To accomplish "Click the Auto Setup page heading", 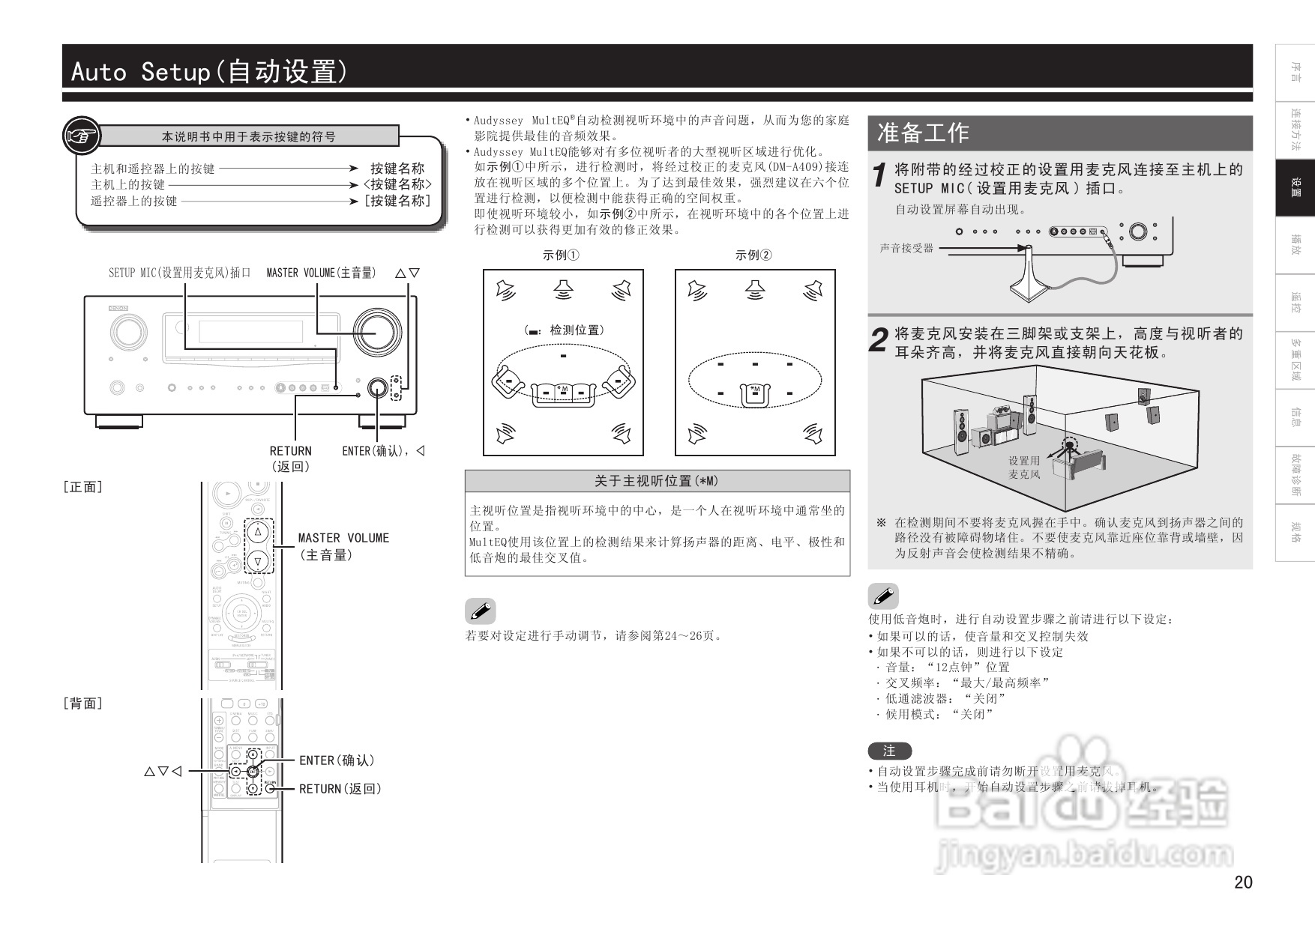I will (x=210, y=72).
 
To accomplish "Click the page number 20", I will (x=1243, y=882).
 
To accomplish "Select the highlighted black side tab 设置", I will (x=1295, y=188).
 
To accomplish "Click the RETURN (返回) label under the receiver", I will (x=290, y=458).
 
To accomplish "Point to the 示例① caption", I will (x=561, y=255).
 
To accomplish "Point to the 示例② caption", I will (x=753, y=255).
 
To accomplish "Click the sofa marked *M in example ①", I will (x=563, y=391).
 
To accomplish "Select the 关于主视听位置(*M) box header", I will (x=657, y=481).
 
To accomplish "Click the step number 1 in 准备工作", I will (x=880, y=177).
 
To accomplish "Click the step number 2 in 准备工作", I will (x=879, y=342).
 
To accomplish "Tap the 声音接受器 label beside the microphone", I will (x=906, y=248).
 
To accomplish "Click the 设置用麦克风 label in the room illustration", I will (x=1024, y=467).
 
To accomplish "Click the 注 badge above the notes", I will (x=889, y=751).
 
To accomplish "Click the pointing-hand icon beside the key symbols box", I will (x=81, y=136).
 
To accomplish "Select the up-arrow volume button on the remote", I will (x=258, y=532).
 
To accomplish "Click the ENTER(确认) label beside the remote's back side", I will (x=337, y=760).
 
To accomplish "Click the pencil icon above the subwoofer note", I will (x=883, y=596).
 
